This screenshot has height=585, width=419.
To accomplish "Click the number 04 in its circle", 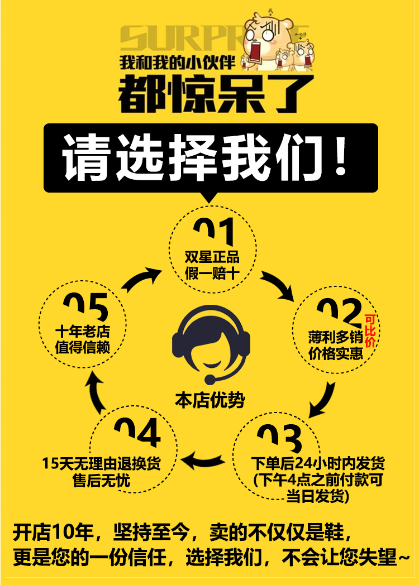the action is (137, 434).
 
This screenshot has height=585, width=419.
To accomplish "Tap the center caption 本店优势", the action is (209, 400).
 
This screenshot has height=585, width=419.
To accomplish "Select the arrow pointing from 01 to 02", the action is (278, 285).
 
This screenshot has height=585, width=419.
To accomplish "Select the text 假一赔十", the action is (212, 274).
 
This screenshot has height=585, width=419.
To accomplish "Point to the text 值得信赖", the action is (83, 347).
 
